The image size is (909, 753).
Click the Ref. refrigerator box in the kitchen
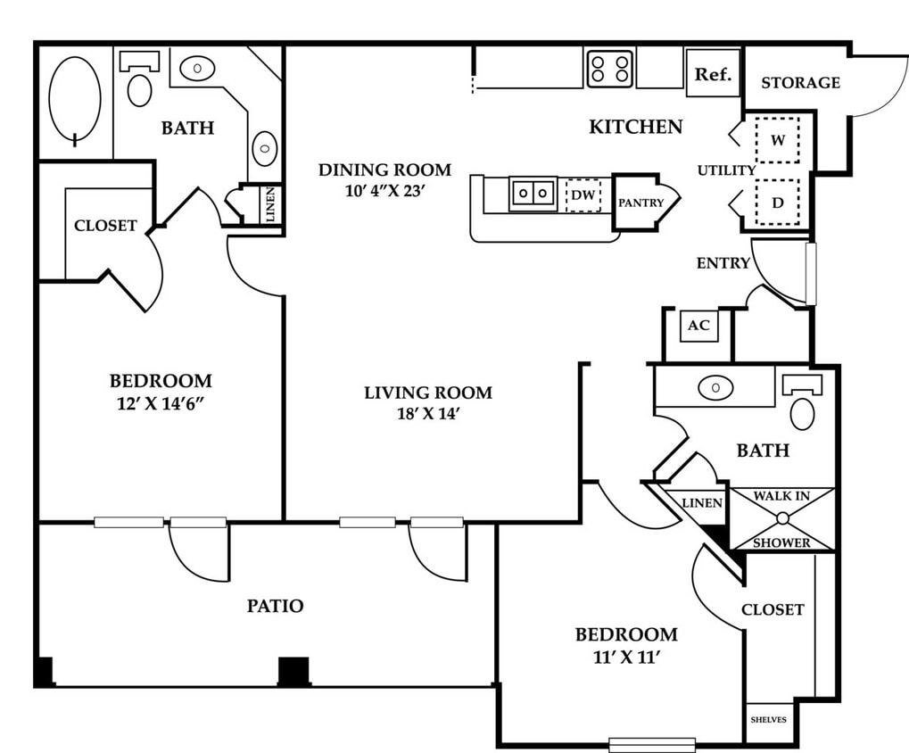[713, 73]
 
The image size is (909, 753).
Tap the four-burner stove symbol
[610, 69]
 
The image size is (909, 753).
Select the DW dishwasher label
[583, 194]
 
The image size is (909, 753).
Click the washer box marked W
[777, 140]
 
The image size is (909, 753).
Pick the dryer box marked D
[777, 203]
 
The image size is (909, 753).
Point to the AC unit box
[698, 326]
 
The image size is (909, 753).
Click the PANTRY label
[640, 203]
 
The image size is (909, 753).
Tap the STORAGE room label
[800, 83]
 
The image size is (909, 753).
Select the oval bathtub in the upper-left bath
[75, 99]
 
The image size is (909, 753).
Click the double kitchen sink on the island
[533, 193]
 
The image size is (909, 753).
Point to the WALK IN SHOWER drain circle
[782, 518]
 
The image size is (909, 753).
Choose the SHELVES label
[769, 720]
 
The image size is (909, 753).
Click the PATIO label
[276, 606]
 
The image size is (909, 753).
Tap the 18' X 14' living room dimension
[428, 414]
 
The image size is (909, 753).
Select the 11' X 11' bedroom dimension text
[627, 658]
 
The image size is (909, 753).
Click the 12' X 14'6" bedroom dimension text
[161, 403]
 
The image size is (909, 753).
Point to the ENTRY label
[723, 263]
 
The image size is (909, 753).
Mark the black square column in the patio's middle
[293, 671]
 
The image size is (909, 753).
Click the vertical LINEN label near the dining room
[270, 204]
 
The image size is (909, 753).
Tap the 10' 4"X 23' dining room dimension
[385, 191]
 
